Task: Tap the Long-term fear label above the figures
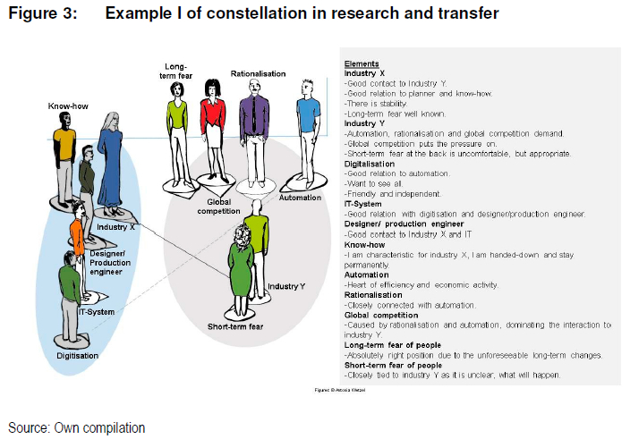point(177,71)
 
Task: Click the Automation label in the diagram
point(300,198)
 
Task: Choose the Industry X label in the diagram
point(115,227)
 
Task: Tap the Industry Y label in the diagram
point(286,286)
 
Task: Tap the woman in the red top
point(213,130)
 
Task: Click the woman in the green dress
point(240,268)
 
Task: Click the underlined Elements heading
point(362,63)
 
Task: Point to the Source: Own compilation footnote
point(77,428)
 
